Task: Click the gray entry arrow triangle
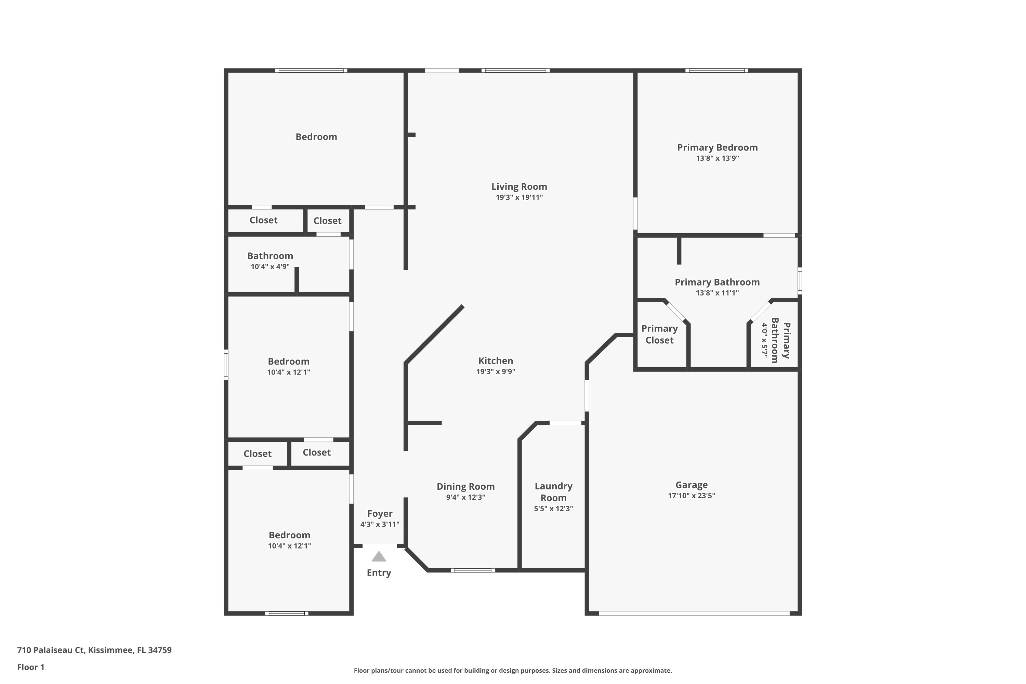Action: (x=379, y=557)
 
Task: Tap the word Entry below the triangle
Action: (x=379, y=573)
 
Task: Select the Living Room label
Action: (x=519, y=187)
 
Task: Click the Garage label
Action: (x=692, y=485)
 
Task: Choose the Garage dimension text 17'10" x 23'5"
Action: (x=692, y=496)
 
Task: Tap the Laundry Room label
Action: (x=554, y=492)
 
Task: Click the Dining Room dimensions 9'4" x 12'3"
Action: (x=465, y=497)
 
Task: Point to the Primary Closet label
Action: (x=660, y=334)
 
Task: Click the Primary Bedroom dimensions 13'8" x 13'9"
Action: (x=717, y=158)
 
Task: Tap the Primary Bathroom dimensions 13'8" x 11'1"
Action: (x=717, y=293)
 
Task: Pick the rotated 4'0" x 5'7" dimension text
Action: (x=764, y=341)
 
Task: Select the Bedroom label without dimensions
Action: (x=316, y=137)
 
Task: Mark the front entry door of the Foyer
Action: (x=380, y=546)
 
